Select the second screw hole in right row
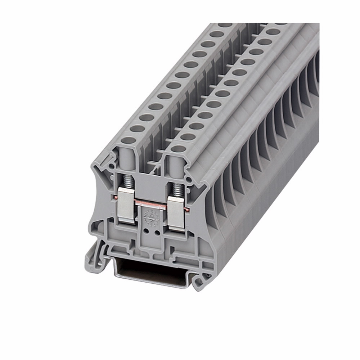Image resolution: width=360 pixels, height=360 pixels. [x=188, y=136]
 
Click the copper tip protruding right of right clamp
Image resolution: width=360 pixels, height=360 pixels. [x=187, y=209]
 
